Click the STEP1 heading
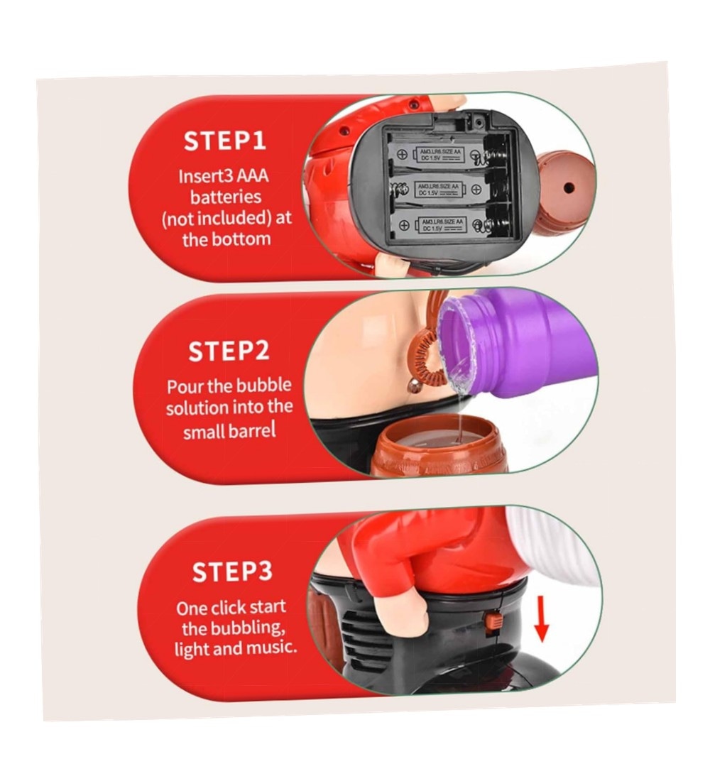pyautogui.click(x=224, y=141)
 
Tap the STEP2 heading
pyautogui.click(x=229, y=351)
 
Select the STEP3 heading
pyautogui.click(x=232, y=572)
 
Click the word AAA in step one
pyautogui.click(x=252, y=176)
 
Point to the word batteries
pyautogui.click(x=226, y=197)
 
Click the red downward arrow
pyautogui.click(x=541, y=618)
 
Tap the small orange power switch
pyautogui.click(x=493, y=622)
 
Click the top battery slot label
pyautogui.click(x=439, y=154)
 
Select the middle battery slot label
pyautogui.click(x=439, y=189)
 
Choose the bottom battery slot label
pyautogui.click(x=442, y=224)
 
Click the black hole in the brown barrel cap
pyautogui.click(x=569, y=189)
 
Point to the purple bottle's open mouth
pyautogui.click(x=459, y=342)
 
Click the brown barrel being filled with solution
pyautogui.click(x=439, y=446)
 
